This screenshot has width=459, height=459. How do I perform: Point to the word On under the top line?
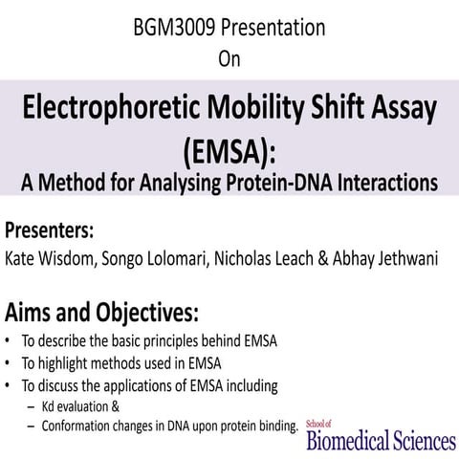click(229, 59)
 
